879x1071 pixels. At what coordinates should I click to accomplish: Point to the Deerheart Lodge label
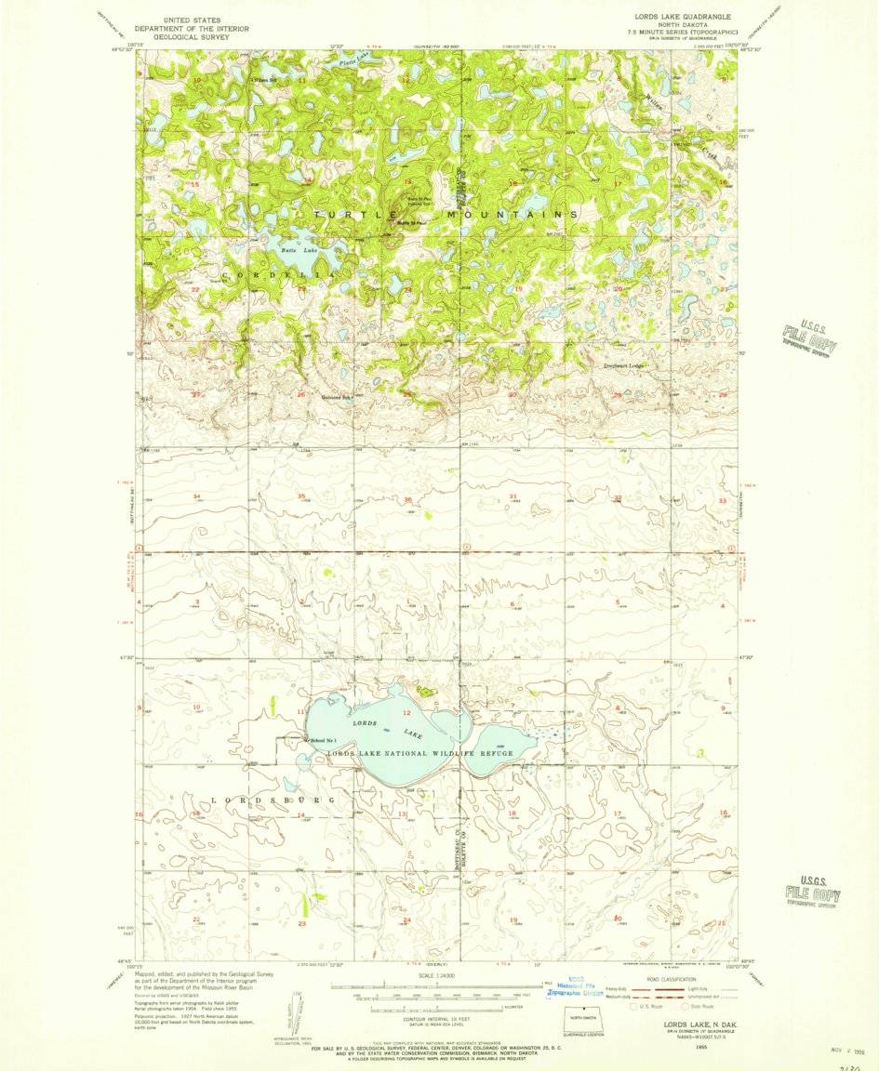pos(622,365)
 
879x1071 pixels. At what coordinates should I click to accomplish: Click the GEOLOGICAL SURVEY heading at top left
pos(192,37)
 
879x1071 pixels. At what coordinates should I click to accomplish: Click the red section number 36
pos(407,500)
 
